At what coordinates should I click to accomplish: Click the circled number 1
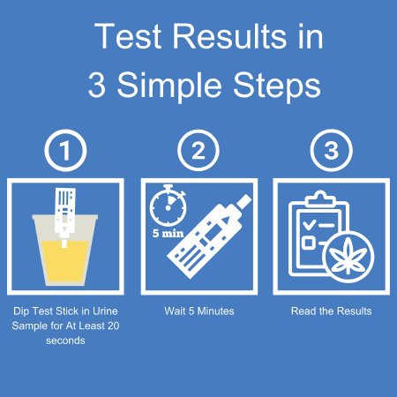(x=65, y=150)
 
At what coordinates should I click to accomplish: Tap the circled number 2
(x=198, y=150)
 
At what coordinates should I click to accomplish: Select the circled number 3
(x=332, y=150)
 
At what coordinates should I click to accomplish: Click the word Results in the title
(x=229, y=36)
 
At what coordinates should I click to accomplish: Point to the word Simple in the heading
(x=169, y=86)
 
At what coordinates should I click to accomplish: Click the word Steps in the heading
(x=277, y=86)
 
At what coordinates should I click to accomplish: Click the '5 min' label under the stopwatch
(x=168, y=233)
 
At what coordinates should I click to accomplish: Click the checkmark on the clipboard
(x=309, y=224)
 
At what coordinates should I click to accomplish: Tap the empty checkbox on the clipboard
(x=308, y=243)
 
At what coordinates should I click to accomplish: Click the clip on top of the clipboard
(x=320, y=198)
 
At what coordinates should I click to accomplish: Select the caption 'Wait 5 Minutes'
(x=199, y=311)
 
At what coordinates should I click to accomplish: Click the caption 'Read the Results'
(x=332, y=311)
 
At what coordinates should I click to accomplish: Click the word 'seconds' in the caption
(x=65, y=341)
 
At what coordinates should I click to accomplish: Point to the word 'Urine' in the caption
(x=105, y=311)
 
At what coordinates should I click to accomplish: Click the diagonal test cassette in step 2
(x=209, y=236)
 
